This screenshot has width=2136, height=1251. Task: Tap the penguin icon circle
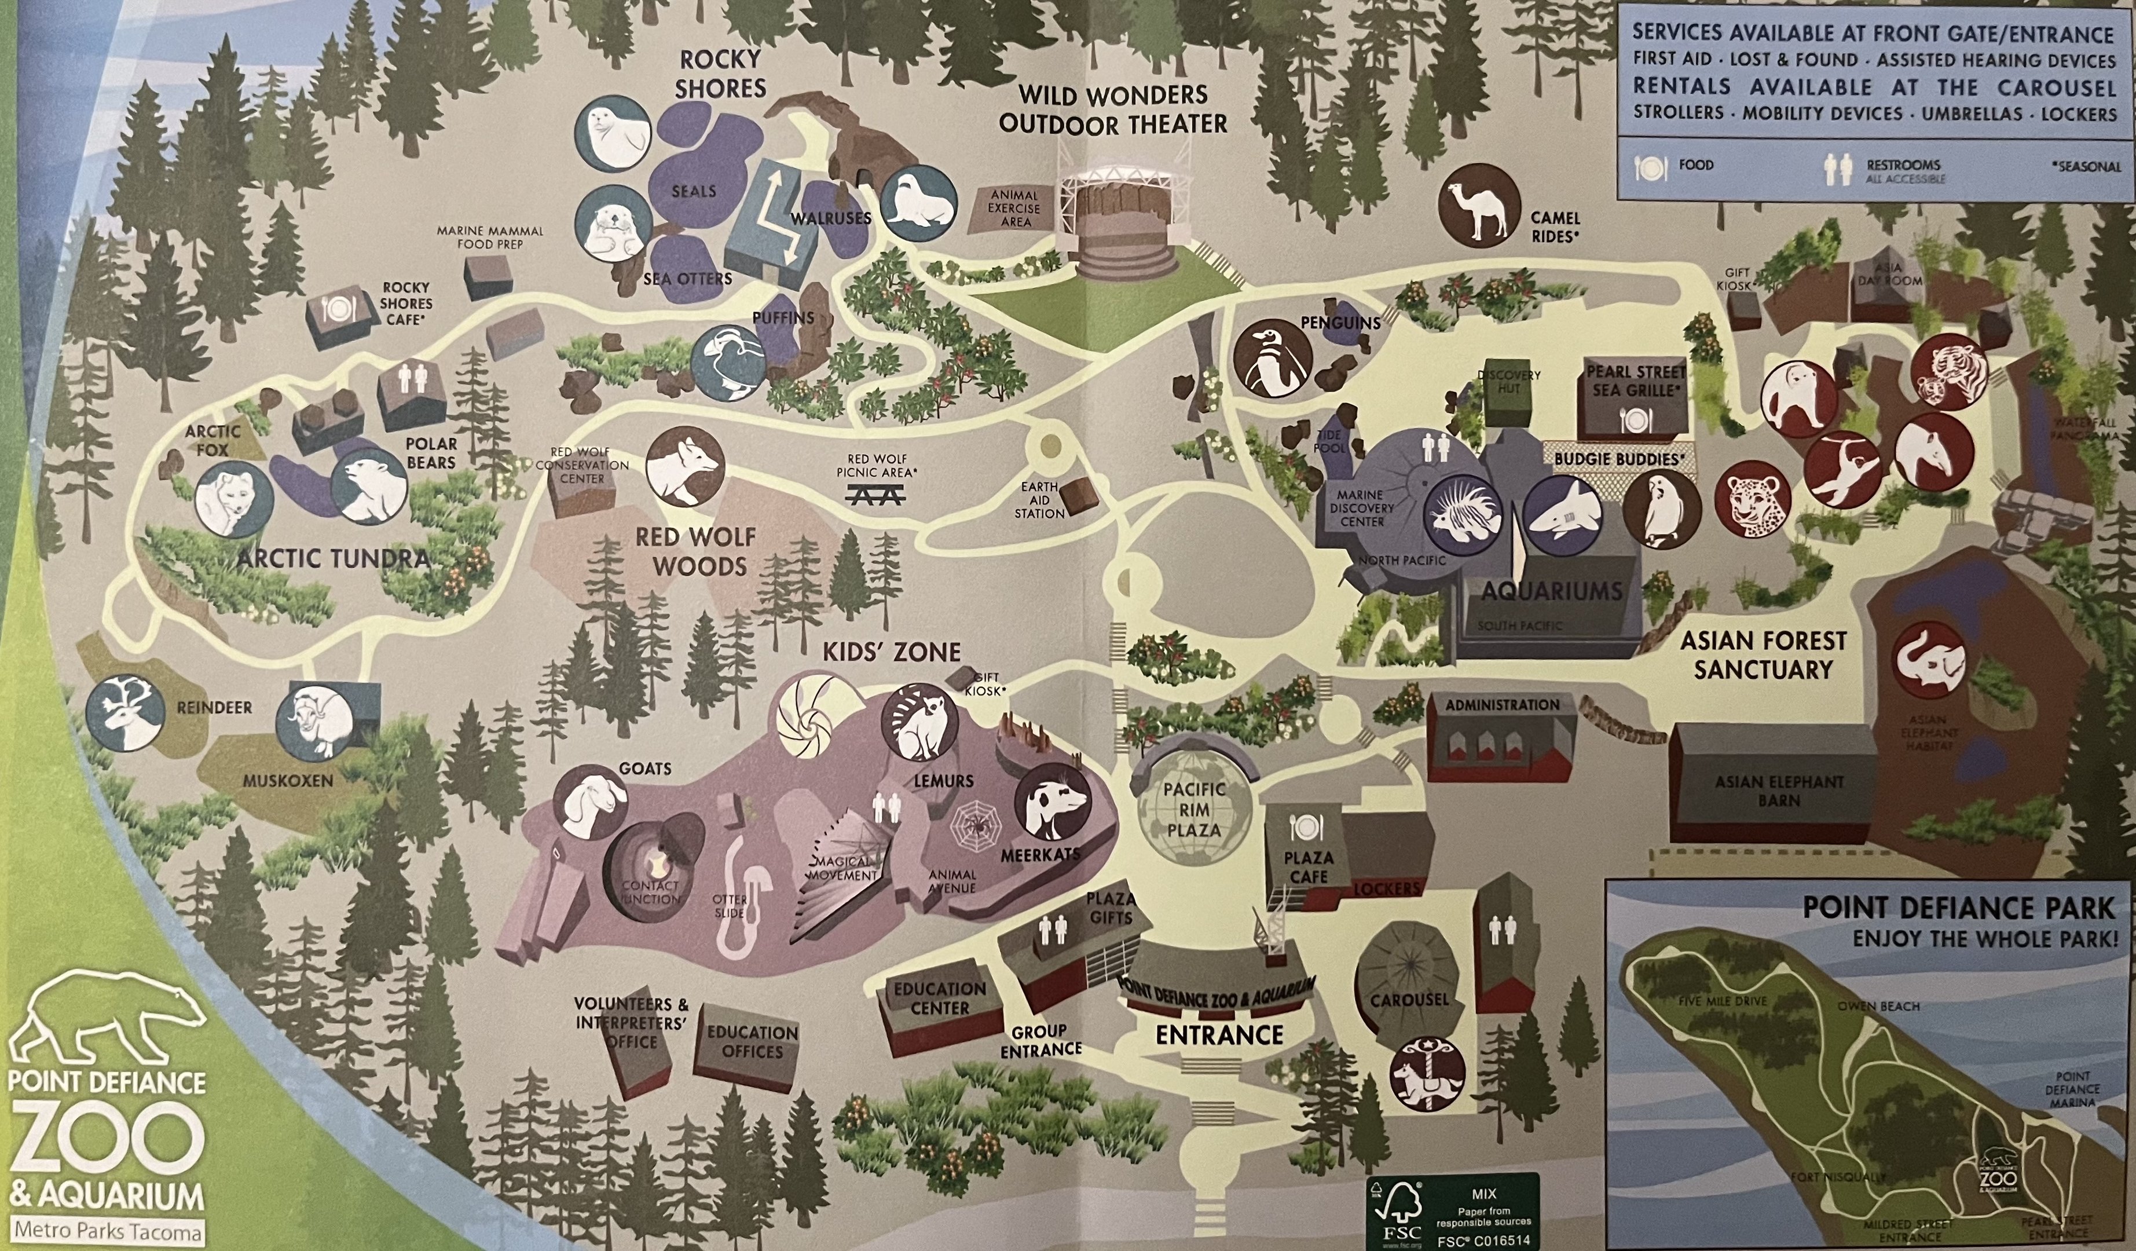(1272, 359)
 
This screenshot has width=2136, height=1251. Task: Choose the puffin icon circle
(728, 363)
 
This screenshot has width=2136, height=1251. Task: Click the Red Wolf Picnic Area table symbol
(875, 493)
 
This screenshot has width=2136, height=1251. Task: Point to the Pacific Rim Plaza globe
(1193, 810)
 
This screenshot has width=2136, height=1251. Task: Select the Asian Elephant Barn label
(1778, 790)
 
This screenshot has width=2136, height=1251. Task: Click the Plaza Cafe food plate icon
(1305, 828)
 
